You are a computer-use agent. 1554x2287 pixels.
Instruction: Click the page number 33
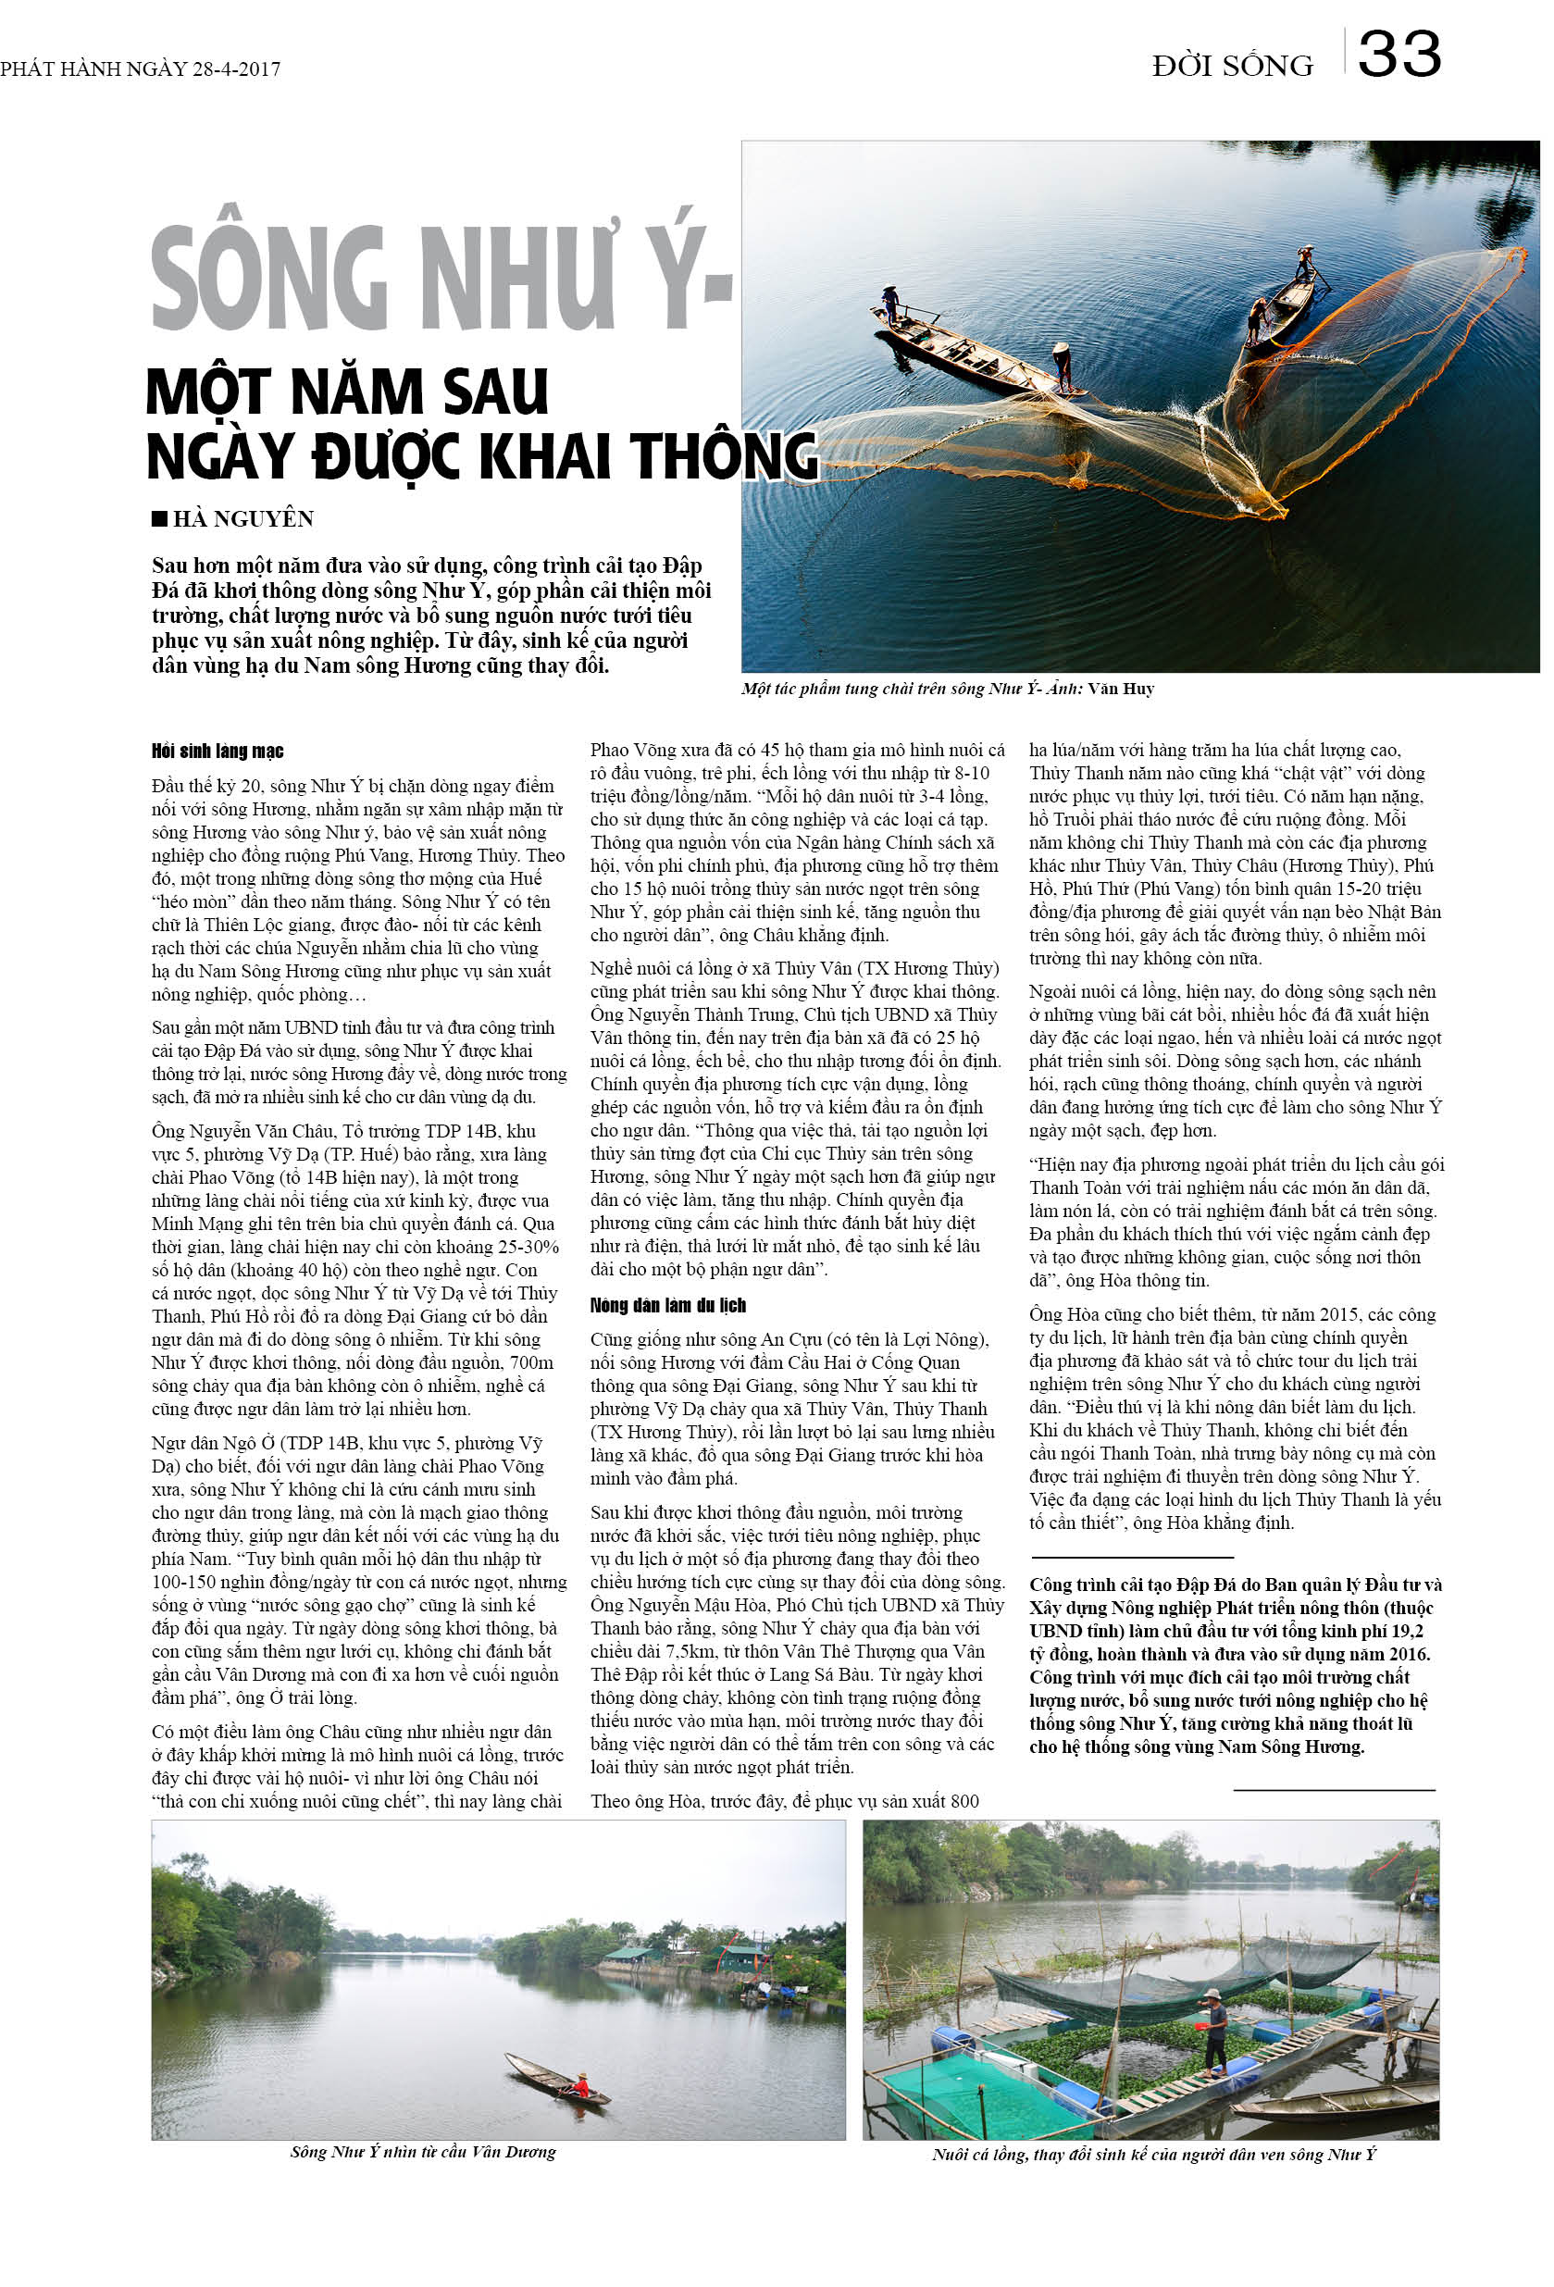(1399, 56)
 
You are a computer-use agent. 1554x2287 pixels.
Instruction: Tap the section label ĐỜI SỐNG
(1232, 67)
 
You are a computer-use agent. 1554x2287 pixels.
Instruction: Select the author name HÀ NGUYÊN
(243, 518)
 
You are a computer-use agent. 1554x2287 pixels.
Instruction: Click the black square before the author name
(159, 518)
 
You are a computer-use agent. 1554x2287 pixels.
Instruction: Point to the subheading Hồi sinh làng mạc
(218, 752)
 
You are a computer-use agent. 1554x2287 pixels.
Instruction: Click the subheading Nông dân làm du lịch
(667, 1306)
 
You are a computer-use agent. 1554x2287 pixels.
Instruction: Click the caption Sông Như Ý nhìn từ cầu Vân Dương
(423, 2152)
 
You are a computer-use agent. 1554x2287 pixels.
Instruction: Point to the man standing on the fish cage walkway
(1214, 2030)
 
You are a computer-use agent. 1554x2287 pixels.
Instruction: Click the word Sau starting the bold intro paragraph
(171, 566)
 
